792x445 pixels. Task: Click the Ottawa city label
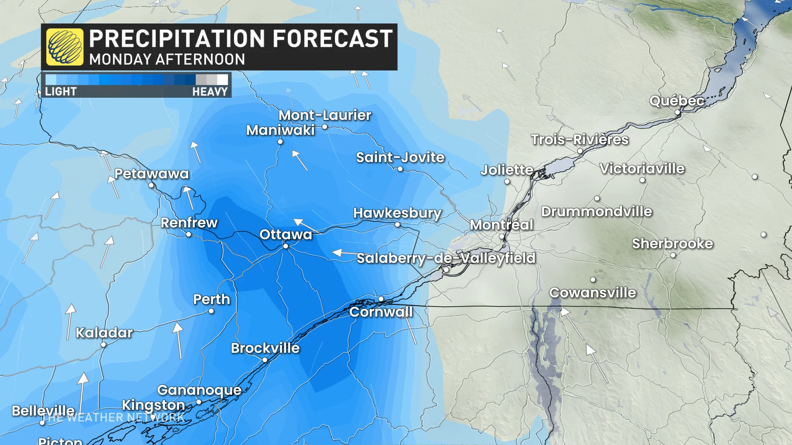285,234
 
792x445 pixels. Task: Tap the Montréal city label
501,225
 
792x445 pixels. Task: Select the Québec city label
676,101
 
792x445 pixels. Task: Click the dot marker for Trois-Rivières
580,151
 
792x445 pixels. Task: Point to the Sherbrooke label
672,244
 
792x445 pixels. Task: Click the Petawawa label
151,173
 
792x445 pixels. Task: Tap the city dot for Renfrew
189,234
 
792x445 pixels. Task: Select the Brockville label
265,348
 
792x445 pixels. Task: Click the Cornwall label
381,312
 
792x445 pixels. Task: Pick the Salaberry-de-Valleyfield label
445,258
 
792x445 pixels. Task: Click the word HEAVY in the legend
210,91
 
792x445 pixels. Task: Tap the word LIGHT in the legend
61,91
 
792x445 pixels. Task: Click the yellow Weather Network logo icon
65,47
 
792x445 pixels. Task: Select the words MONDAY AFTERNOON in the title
167,59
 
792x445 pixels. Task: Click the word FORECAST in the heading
332,39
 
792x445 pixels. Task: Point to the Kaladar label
104,333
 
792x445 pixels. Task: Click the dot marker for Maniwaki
280,142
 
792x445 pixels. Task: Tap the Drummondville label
596,211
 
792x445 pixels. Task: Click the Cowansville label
592,293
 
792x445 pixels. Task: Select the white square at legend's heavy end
222,80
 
